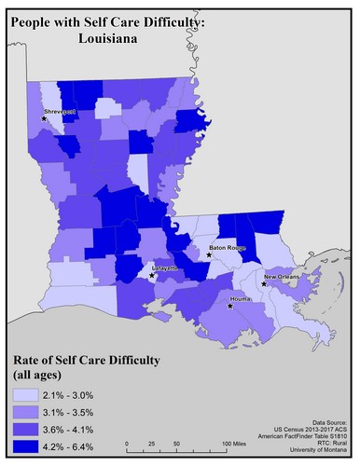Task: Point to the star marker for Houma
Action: pyautogui.click(x=228, y=304)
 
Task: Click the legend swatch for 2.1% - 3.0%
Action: pyautogui.click(x=26, y=395)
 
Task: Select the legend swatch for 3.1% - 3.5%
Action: pyautogui.click(x=26, y=412)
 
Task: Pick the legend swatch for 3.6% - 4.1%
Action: pyautogui.click(x=26, y=429)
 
